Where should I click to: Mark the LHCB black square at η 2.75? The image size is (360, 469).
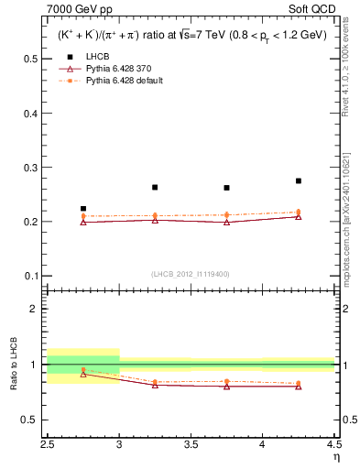[x=83, y=209]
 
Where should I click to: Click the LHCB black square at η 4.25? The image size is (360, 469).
[x=299, y=181]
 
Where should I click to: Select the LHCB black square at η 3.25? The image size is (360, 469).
[x=155, y=187]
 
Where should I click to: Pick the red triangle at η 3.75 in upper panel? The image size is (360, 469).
[x=226, y=222]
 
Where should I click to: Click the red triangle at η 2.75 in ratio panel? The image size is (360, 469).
[x=83, y=374]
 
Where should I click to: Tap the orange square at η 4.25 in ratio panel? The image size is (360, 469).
[x=299, y=383]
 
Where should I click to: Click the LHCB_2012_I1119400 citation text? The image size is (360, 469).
[x=191, y=274]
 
